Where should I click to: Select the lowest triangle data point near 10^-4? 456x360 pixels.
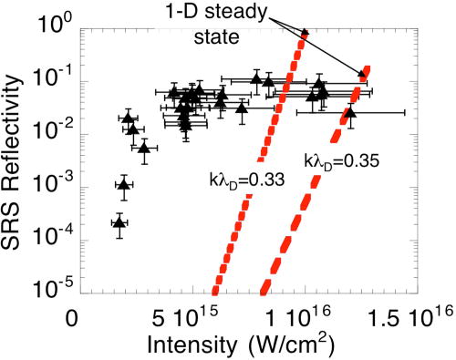[119, 221]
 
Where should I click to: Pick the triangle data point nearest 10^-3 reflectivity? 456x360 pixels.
[124, 184]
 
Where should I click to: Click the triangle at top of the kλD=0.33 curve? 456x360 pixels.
[305, 32]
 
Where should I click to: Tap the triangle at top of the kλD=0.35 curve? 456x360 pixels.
[362, 74]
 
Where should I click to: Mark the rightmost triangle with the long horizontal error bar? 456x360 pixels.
[350, 112]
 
